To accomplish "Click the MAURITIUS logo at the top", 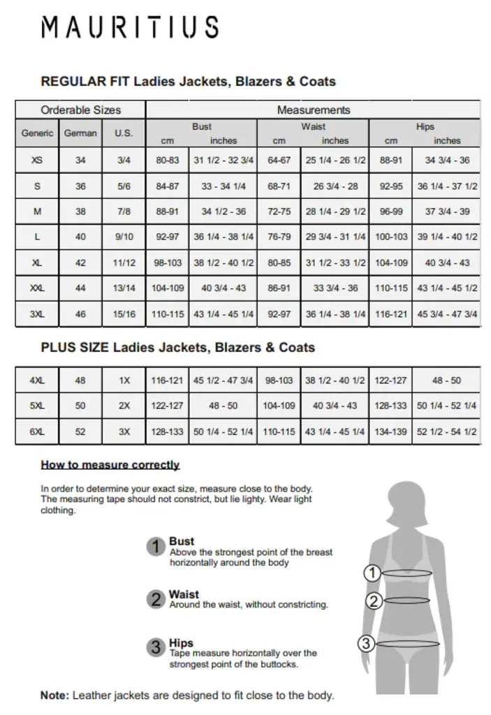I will (x=130, y=27).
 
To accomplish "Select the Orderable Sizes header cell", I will (x=80, y=110).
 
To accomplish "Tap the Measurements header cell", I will (x=314, y=110).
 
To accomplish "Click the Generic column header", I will (x=37, y=133).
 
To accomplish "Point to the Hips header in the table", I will (x=425, y=126).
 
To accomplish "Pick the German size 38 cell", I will (x=80, y=211).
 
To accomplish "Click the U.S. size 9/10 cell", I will (x=124, y=237).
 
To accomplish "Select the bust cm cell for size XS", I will (x=168, y=160).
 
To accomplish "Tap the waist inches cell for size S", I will (x=335, y=186).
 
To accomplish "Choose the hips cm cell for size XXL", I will (x=391, y=288).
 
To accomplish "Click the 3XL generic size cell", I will (x=37, y=314).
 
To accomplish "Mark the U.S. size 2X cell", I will (x=124, y=406).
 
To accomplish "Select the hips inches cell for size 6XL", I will (x=447, y=432).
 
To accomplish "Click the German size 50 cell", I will (x=80, y=406).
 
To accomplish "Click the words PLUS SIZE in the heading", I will (x=75, y=347).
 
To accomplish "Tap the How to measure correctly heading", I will (x=110, y=464).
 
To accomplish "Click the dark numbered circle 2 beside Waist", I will (x=156, y=598).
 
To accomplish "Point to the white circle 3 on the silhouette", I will (x=367, y=644).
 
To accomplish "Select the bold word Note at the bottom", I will (x=54, y=695).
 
